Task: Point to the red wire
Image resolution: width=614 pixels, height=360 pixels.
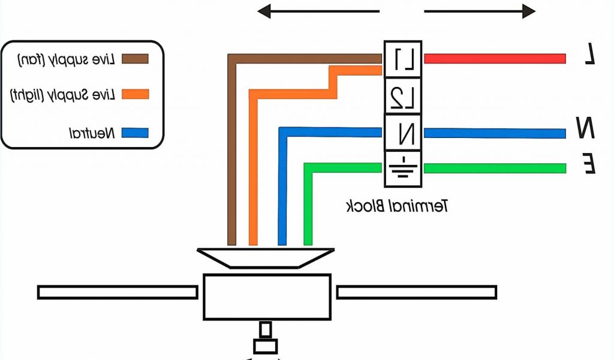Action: coord(495,59)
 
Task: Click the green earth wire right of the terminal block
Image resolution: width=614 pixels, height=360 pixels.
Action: coord(495,168)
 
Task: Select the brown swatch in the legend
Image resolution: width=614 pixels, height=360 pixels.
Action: coord(135,59)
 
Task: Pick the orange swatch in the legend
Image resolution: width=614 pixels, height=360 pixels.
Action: coord(135,94)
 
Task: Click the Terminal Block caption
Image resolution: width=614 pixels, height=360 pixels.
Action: coord(398,207)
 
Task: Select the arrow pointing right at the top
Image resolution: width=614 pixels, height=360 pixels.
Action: coord(480,11)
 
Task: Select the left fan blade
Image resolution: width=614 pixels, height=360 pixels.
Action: coord(118,292)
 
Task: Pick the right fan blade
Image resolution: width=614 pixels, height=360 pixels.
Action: coord(416,292)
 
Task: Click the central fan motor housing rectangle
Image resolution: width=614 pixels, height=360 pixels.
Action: coord(267,296)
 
